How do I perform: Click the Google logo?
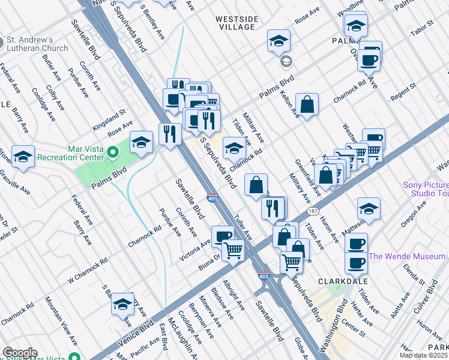(x=20, y=353)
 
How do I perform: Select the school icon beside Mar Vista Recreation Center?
(x=141, y=143)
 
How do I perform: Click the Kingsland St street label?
(x=109, y=119)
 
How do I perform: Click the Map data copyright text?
(x=424, y=355)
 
